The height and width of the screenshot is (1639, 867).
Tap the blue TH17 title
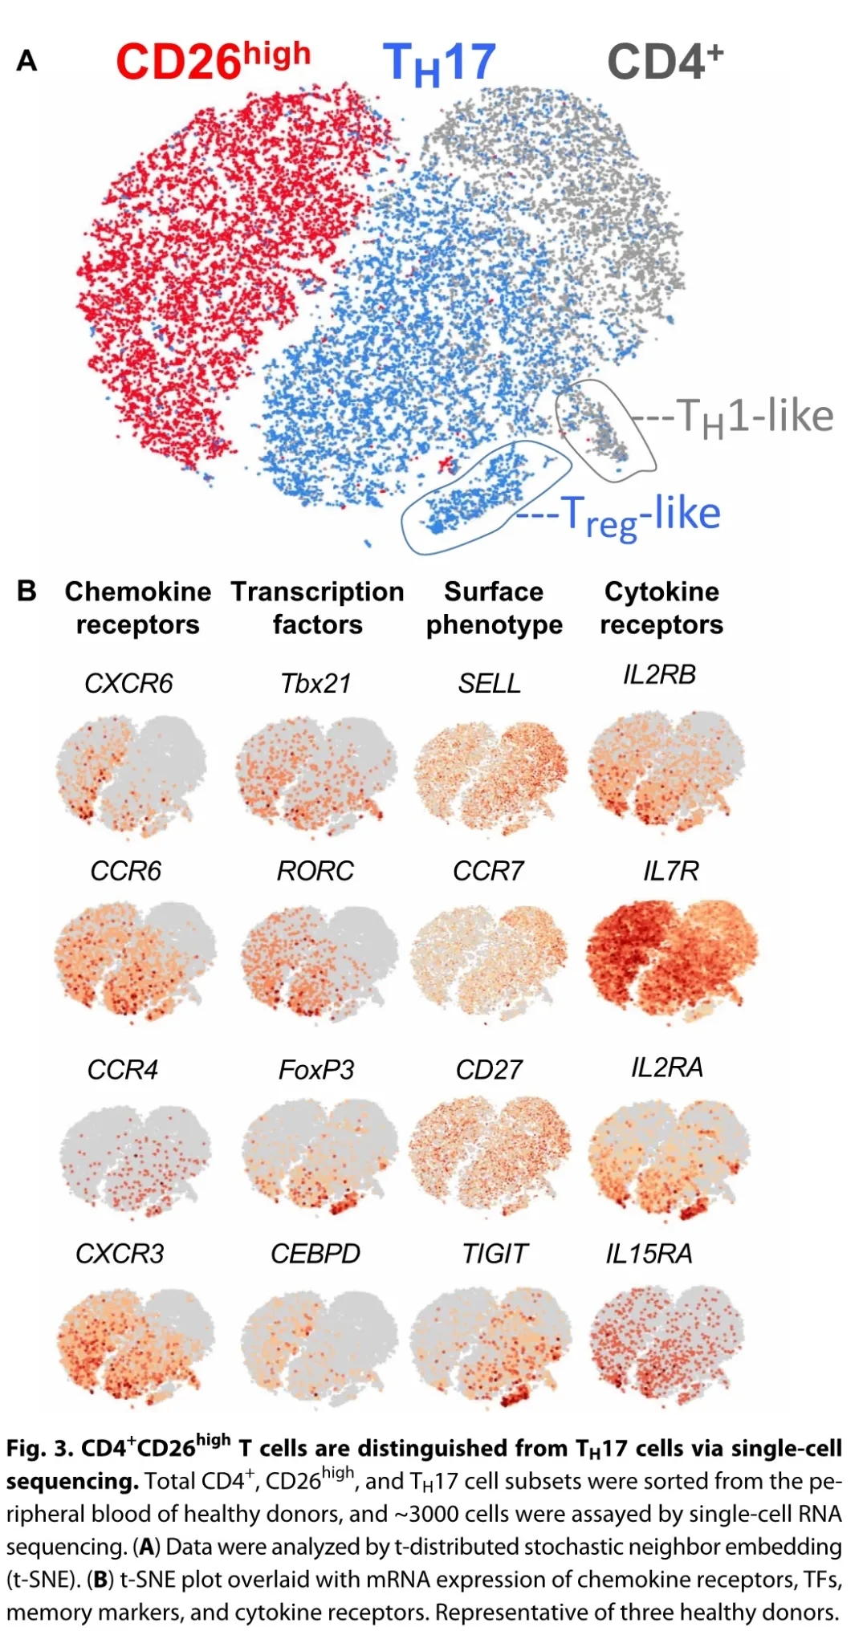[439, 63]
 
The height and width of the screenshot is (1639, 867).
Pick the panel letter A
[26, 61]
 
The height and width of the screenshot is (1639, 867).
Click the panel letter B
[26, 592]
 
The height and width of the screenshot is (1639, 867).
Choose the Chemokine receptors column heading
[137, 608]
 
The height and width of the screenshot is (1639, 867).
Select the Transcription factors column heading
[317, 608]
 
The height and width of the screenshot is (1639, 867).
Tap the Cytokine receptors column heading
[661, 608]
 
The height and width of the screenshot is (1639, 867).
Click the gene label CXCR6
[128, 684]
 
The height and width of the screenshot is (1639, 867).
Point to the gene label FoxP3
[315, 1070]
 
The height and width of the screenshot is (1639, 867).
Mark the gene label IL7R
[670, 871]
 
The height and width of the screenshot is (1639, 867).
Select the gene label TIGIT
[495, 1254]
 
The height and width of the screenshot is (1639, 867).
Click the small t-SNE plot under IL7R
[672, 958]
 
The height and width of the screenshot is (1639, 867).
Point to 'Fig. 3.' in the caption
[39, 1449]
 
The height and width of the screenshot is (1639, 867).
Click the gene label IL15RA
[649, 1254]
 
